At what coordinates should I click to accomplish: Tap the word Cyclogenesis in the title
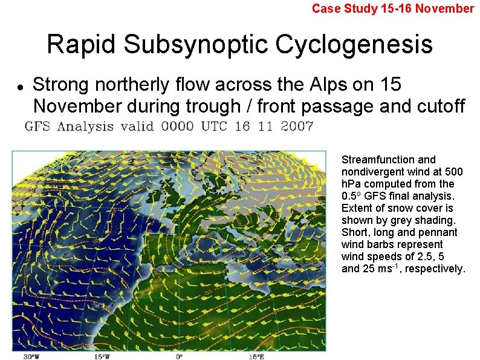pyautogui.click(x=354, y=44)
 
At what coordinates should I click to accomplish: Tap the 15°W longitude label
pyautogui.click(x=102, y=357)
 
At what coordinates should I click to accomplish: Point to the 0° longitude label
pyautogui.click(x=180, y=357)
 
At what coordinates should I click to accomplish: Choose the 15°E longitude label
pyautogui.click(x=256, y=357)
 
